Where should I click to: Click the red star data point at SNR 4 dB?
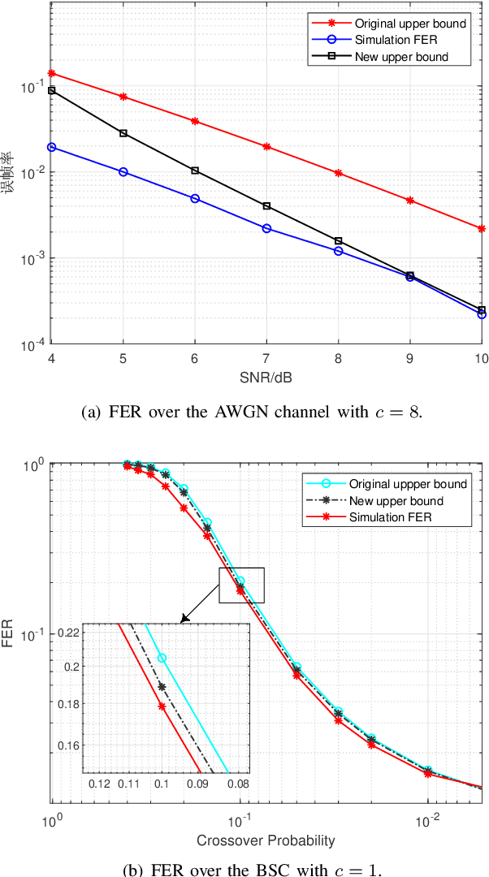point(52,73)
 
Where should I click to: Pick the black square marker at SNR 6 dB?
point(195,171)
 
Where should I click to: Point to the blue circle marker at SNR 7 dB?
point(266,229)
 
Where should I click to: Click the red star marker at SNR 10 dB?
point(482,229)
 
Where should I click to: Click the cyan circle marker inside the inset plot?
point(162,658)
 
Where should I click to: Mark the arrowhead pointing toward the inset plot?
point(183,620)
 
